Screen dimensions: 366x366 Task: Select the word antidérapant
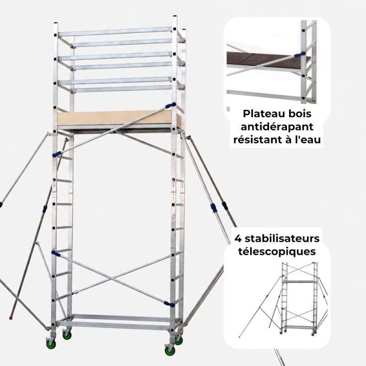pos(277,128)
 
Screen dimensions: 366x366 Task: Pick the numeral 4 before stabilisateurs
pos(238,239)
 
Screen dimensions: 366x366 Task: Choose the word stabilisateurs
pos(282,239)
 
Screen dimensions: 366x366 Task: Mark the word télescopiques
pos(277,252)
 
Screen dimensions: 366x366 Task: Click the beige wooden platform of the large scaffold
pos(117,119)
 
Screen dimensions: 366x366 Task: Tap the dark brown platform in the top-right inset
pos(266,60)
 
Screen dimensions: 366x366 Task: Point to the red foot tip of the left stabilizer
pos(11,318)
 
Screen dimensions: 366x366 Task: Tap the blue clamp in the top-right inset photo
pos(300,54)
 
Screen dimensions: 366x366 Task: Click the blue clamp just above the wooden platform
pos(170,106)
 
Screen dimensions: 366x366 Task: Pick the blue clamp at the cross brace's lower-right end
pos(169,304)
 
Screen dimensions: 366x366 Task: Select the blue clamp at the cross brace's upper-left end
pos(56,254)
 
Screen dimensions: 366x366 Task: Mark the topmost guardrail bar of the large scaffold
pos(115,32)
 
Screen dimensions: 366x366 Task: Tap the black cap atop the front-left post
pos(55,23)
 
